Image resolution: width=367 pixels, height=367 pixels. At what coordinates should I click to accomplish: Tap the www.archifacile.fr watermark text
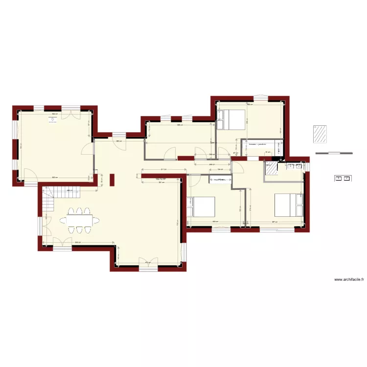[x=350, y=279]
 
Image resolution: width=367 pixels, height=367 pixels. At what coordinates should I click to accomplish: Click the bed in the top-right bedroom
[x=231, y=119]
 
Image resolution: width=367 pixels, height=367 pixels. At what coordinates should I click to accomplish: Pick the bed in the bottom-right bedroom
[x=288, y=205]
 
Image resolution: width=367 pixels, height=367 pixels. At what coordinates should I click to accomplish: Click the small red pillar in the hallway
[x=112, y=180]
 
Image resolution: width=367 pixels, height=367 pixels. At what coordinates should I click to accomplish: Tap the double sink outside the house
[x=342, y=178]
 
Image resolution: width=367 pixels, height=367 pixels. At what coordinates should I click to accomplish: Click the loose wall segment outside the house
[x=334, y=153]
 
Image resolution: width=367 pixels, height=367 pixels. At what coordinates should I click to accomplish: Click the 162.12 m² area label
[x=161, y=179]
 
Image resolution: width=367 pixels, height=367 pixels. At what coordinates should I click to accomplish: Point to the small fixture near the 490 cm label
[x=52, y=118]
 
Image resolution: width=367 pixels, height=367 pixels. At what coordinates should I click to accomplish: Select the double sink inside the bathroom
[x=294, y=166]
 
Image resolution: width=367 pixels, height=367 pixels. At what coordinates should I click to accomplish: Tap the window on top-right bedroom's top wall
[x=262, y=96]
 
